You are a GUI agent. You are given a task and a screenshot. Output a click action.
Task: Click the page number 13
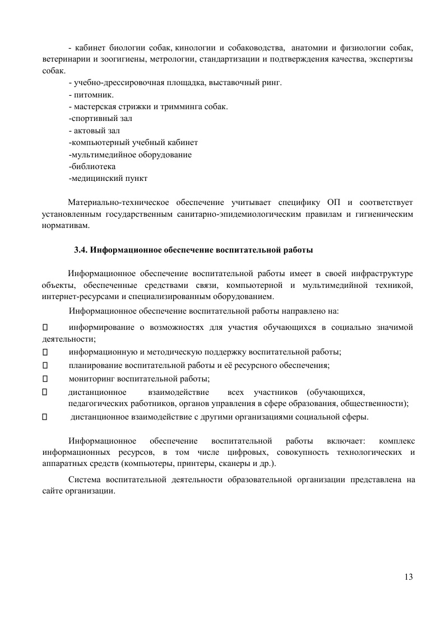click(x=408, y=577)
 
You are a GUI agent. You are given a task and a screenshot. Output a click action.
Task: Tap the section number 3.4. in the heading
click(x=81, y=250)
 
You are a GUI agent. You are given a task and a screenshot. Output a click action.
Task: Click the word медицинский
click(x=95, y=178)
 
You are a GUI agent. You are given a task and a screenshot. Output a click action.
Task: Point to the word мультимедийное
click(x=101, y=154)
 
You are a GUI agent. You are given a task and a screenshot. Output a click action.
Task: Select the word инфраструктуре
click(x=380, y=273)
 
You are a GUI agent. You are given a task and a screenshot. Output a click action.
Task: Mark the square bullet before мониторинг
click(x=45, y=378)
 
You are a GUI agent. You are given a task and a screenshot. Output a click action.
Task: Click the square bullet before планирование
click(x=45, y=365)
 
